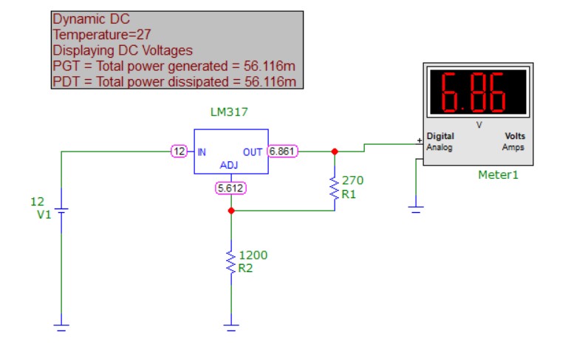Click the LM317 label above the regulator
tap(229, 112)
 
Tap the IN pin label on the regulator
tap(202, 152)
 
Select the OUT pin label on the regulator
tap(253, 152)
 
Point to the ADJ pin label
tap(229, 166)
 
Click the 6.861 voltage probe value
tap(283, 152)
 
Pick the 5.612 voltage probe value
tap(230, 188)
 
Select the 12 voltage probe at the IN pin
tap(179, 152)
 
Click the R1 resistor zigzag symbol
tap(335, 188)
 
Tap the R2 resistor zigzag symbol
tap(231, 262)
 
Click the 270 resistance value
tap(352, 180)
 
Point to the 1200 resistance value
tap(253, 255)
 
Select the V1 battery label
tap(44, 214)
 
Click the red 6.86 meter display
tap(478, 92)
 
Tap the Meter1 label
tap(498, 175)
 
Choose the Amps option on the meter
tap(513, 147)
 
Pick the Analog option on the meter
tap(440, 148)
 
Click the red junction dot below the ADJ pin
tap(231, 211)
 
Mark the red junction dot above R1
tap(335, 152)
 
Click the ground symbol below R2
tap(231, 327)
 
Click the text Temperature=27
tap(102, 35)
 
